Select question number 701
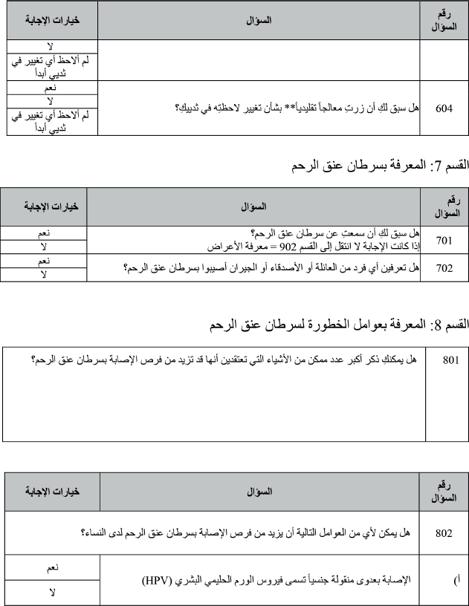[x=444, y=240]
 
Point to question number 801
[x=450, y=360]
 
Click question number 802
[x=444, y=532]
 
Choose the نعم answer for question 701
[x=44, y=233]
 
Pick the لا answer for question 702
[x=44, y=275]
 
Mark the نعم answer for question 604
[x=51, y=86]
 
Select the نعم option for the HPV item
[x=51, y=567]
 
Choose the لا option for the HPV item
[x=51, y=592]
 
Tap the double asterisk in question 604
[x=293, y=108]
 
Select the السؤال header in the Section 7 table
[x=253, y=206]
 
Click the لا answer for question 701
[x=44, y=247]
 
